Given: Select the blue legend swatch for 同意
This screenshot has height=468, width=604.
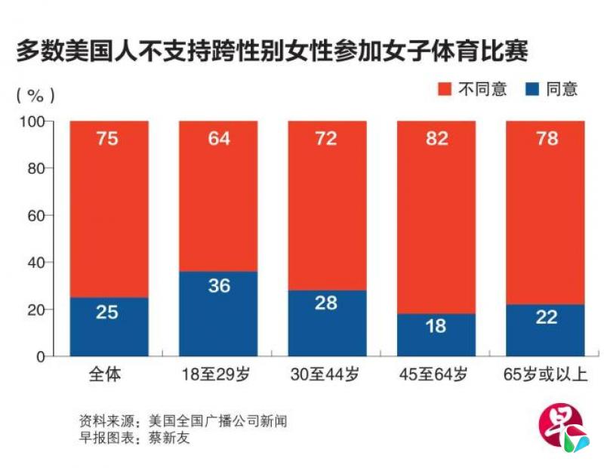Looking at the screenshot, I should (x=532, y=89).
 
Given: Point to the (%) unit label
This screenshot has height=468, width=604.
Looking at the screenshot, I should (x=35, y=95).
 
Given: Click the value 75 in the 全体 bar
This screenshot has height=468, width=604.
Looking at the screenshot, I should (x=107, y=139).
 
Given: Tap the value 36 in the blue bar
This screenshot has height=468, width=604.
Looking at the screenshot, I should (x=219, y=286).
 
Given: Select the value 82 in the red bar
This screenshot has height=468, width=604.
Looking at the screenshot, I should (x=436, y=139).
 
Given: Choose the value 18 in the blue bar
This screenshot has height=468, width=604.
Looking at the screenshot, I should (x=436, y=326).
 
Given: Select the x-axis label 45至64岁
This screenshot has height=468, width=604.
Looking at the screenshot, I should (x=436, y=375).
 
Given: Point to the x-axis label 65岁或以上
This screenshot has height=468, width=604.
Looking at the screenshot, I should (x=545, y=375).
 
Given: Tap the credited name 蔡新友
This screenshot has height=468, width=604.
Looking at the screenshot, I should (x=170, y=438).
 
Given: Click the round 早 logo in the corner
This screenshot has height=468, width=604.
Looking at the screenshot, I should (x=561, y=430).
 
